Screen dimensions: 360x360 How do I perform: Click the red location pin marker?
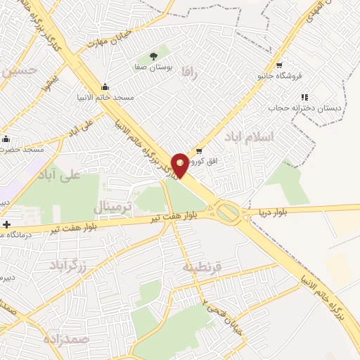[180, 165]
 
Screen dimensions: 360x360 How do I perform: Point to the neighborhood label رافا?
[191, 72]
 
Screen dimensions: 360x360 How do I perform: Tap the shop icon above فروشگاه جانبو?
[279, 65]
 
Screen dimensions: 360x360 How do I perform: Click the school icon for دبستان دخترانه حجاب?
[304, 98]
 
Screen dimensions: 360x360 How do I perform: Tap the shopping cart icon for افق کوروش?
[199, 151]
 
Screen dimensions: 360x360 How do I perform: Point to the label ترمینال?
[112, 207]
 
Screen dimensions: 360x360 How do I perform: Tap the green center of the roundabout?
[227, 211]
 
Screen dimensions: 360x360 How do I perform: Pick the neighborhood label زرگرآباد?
[67, 264]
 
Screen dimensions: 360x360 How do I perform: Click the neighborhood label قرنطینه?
[202, 266]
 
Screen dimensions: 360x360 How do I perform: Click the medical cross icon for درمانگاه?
[7, 225]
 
